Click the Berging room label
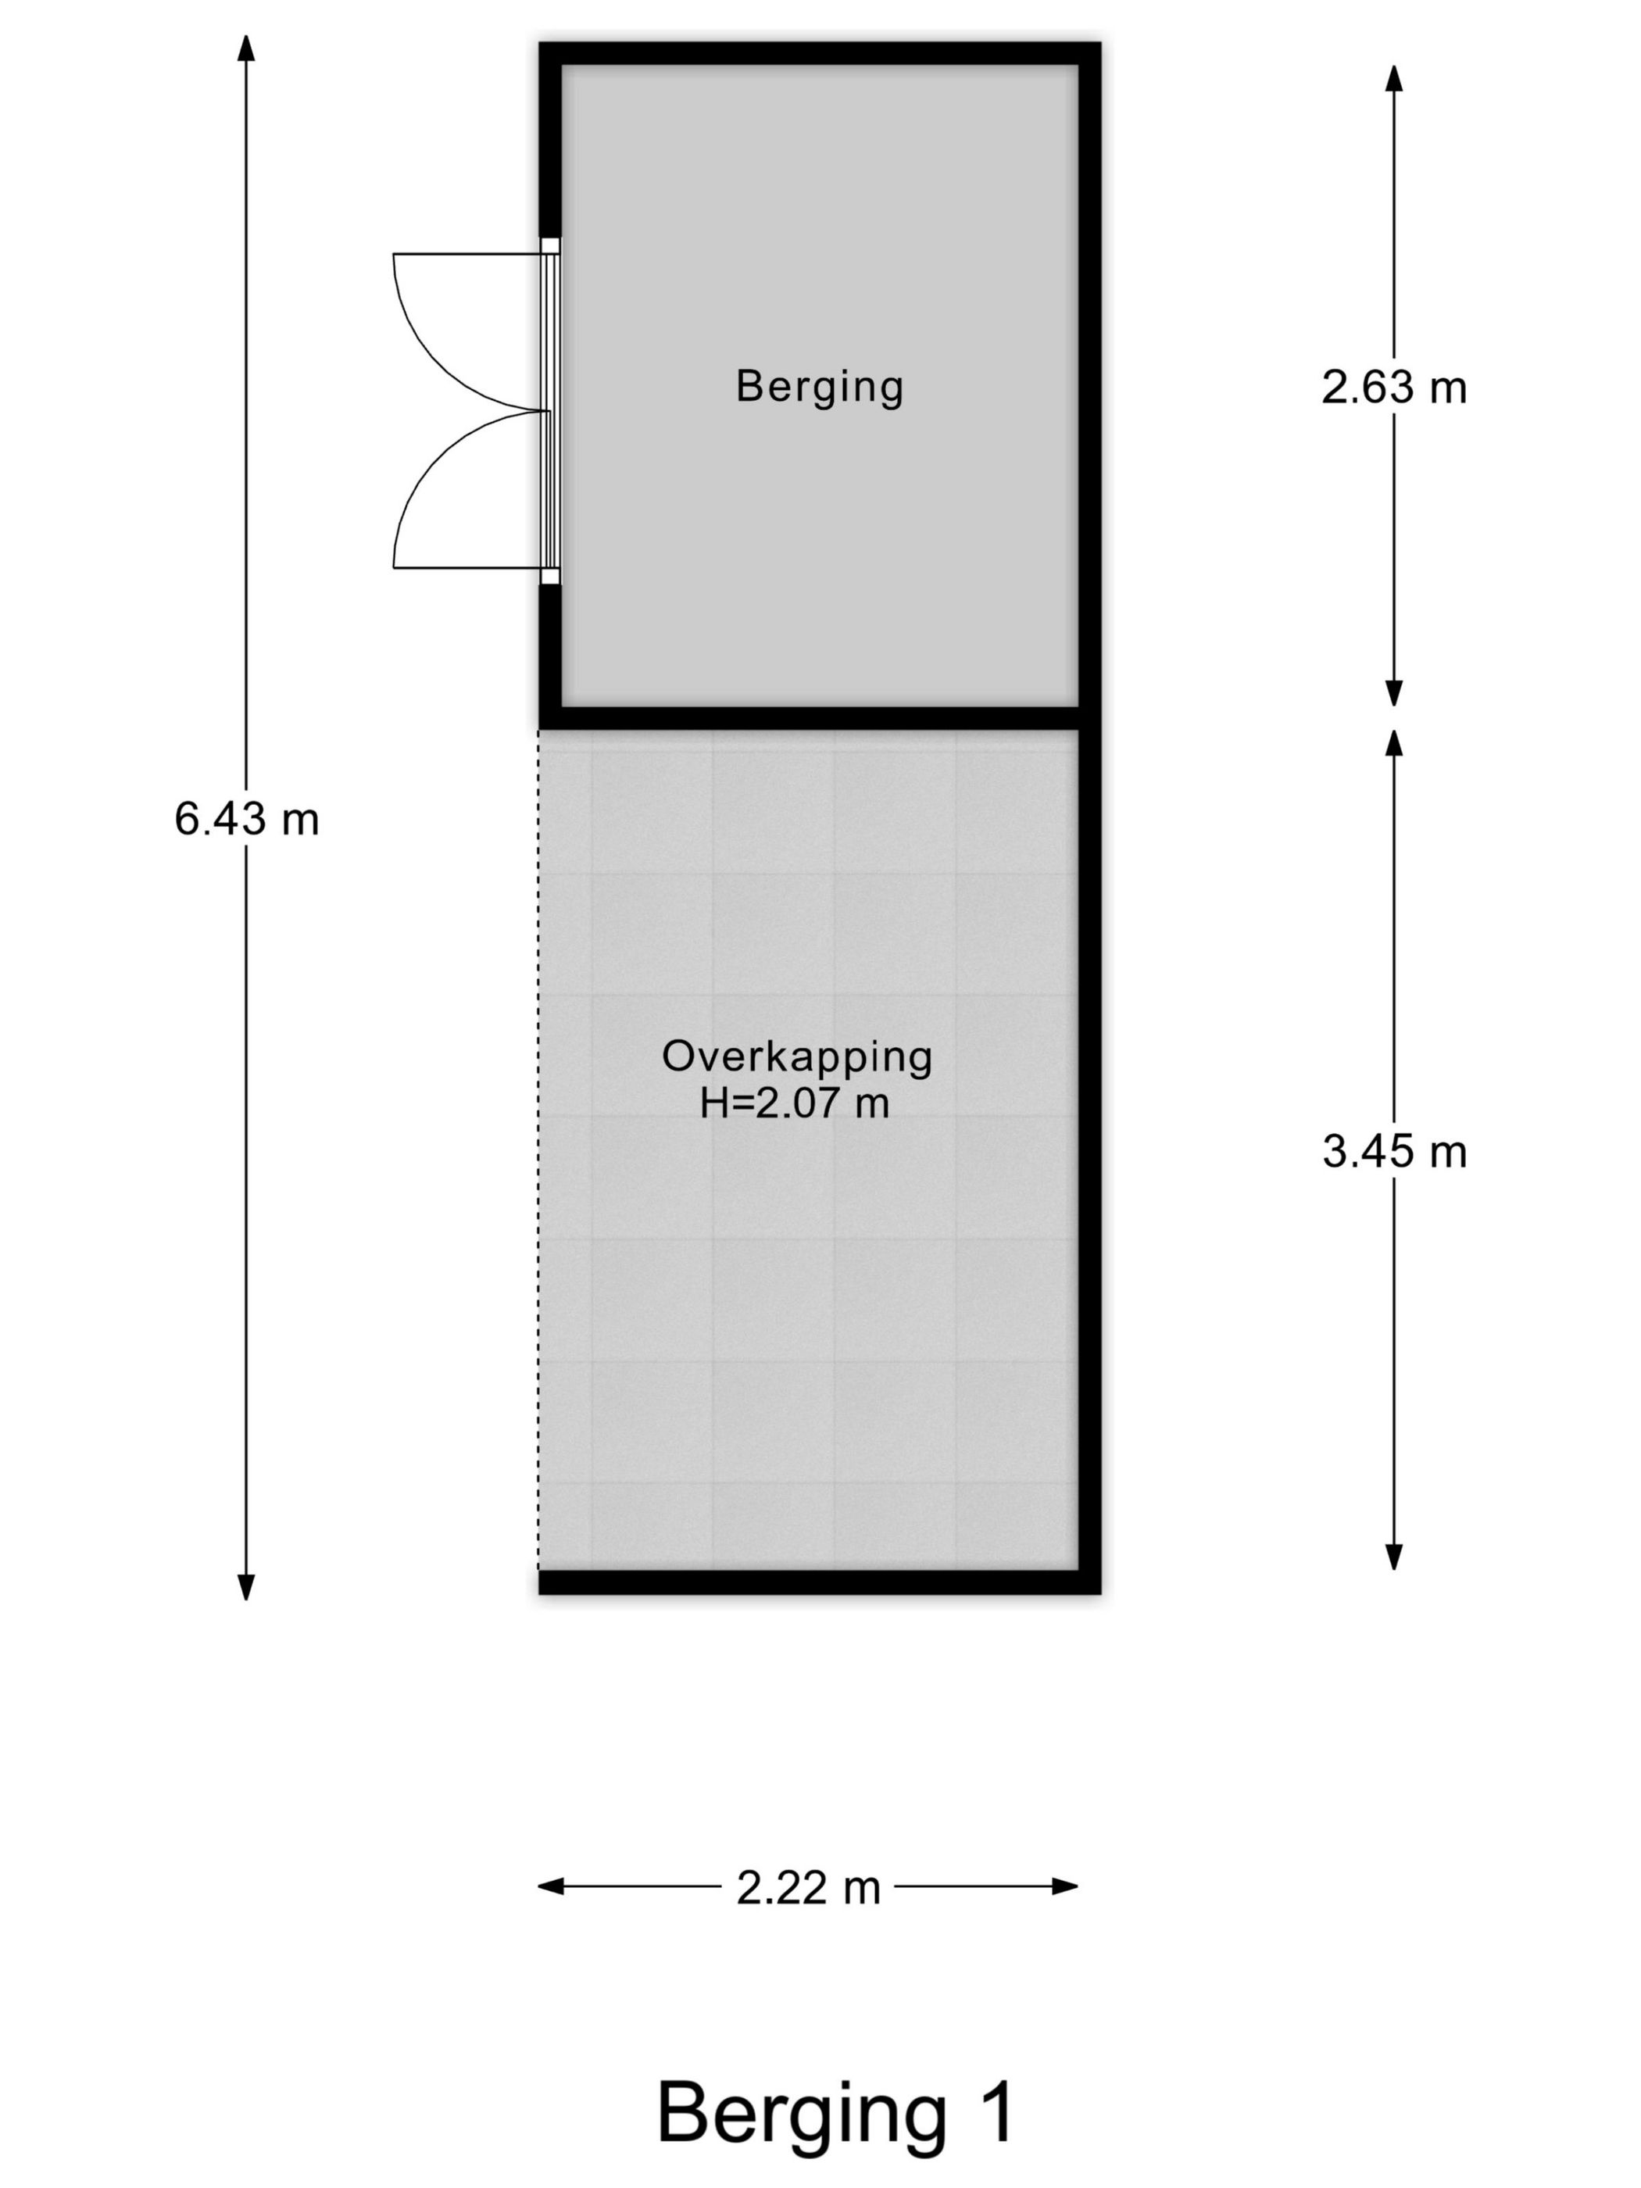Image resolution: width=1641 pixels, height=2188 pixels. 819,386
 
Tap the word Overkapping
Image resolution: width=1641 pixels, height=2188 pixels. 796,1057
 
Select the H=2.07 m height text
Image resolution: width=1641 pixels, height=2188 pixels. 794,1103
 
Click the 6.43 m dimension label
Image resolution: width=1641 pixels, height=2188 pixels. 246,819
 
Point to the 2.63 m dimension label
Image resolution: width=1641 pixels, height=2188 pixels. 1394,387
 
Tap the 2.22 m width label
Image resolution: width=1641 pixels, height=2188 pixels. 808,1888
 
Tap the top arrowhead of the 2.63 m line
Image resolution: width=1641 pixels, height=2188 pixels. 1394,78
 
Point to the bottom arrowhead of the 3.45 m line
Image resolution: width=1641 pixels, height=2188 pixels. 1394,1557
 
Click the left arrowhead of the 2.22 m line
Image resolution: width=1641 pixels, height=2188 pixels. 550,1886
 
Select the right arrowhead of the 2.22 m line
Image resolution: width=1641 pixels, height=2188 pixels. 1065,1886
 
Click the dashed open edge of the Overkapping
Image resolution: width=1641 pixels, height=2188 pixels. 539,1149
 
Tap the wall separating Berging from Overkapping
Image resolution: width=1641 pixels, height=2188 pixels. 819,718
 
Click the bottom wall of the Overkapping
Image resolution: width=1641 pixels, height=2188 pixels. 819,1582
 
